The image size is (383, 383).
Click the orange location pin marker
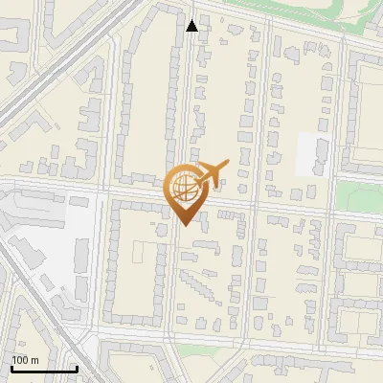click(x=184, y=191)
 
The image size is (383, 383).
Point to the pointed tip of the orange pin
click(x=184, y=225)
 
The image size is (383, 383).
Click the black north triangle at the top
click(x=192, y=26)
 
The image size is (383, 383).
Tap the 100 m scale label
click(x=25, y=360)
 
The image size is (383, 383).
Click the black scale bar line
click(x=44, y=369)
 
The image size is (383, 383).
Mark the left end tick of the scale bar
click(x=11, y=367)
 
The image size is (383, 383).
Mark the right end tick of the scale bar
click(x=77, y=367)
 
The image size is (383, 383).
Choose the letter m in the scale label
click(x=34, y=360)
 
